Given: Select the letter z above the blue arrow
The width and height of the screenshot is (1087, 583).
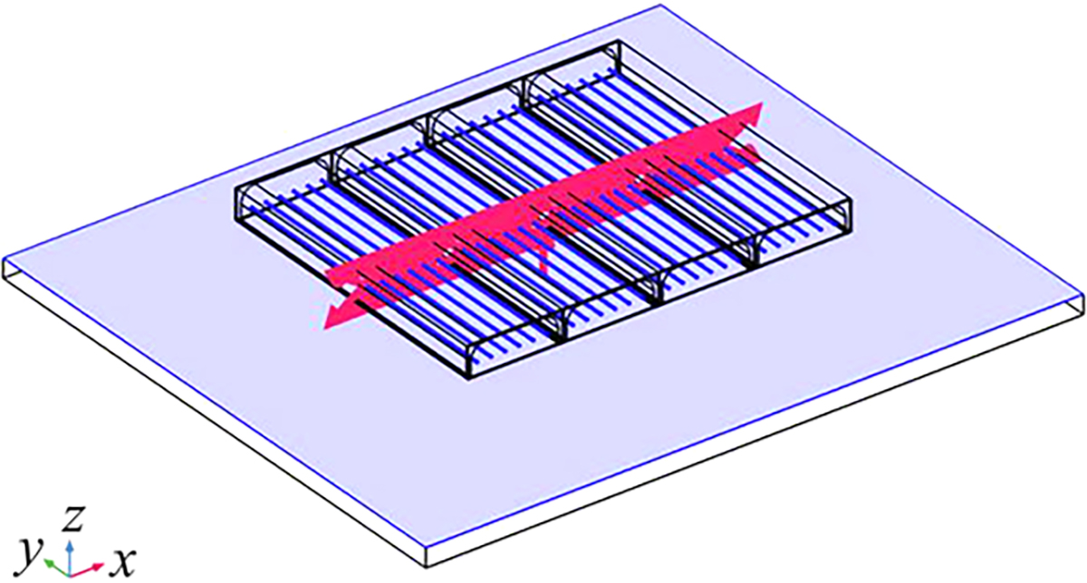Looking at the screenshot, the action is click(73, 518).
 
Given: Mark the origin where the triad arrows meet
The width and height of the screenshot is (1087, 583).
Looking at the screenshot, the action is click(71, 576).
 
